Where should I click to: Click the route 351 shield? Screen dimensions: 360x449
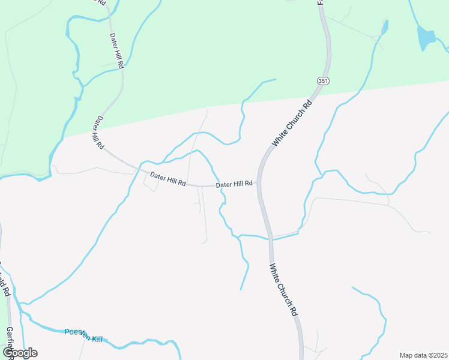323,81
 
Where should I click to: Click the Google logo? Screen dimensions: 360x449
20,353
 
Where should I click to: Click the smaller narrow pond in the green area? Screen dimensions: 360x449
384,27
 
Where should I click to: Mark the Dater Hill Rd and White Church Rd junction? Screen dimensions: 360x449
259,183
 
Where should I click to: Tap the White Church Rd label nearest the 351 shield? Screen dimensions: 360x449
293,124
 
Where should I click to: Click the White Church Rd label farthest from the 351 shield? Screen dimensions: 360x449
283,290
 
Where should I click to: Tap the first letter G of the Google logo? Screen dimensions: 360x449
8,352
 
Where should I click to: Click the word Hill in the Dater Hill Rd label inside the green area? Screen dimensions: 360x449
117,52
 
